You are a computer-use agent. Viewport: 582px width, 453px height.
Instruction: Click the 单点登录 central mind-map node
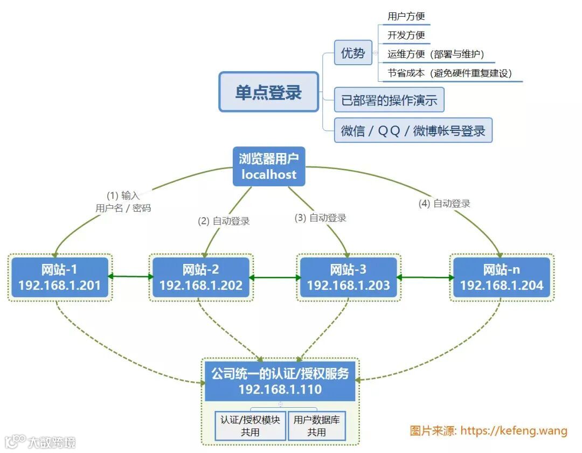pyautogui.click(x=268, y=92)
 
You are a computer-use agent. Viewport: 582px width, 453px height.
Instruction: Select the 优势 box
pyautogui.click(x=353, y=53)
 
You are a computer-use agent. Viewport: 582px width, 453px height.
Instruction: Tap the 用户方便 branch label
pyautogui.click(x=406, y=17)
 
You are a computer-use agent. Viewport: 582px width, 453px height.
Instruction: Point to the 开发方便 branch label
pyautogui.click(x=406, y=36)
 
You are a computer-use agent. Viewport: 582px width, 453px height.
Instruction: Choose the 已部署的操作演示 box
pyautogui.click(x=389, y=100)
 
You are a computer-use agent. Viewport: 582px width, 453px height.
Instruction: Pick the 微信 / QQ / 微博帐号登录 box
pyautogui.click(x=413, y=130)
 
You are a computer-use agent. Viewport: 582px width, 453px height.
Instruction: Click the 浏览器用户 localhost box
pyautogui.click(x=269, y=166)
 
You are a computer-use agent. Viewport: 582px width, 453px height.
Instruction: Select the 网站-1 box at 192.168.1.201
pyautogui.click(x=60, y=277)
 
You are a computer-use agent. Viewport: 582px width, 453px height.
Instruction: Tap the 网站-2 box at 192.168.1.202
pyautogui.click(x=201, y=277)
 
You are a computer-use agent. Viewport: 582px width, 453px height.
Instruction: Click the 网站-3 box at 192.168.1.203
pyautogui.click(x=348, y=277)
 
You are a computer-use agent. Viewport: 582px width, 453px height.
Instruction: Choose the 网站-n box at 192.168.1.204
pyautogui.click(x=502, y=277)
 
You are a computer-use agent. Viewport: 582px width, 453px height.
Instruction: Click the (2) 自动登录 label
pyautogui.click(x=224, y=221)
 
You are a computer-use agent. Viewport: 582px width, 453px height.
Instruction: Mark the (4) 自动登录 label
pyautogui.click(x=445, y=204)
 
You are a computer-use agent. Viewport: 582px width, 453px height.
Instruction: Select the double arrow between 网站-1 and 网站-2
pyautogui.click(x=130, y=277)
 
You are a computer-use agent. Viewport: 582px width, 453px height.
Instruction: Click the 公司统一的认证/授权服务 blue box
pyautogui.click(x=280, y=381)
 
